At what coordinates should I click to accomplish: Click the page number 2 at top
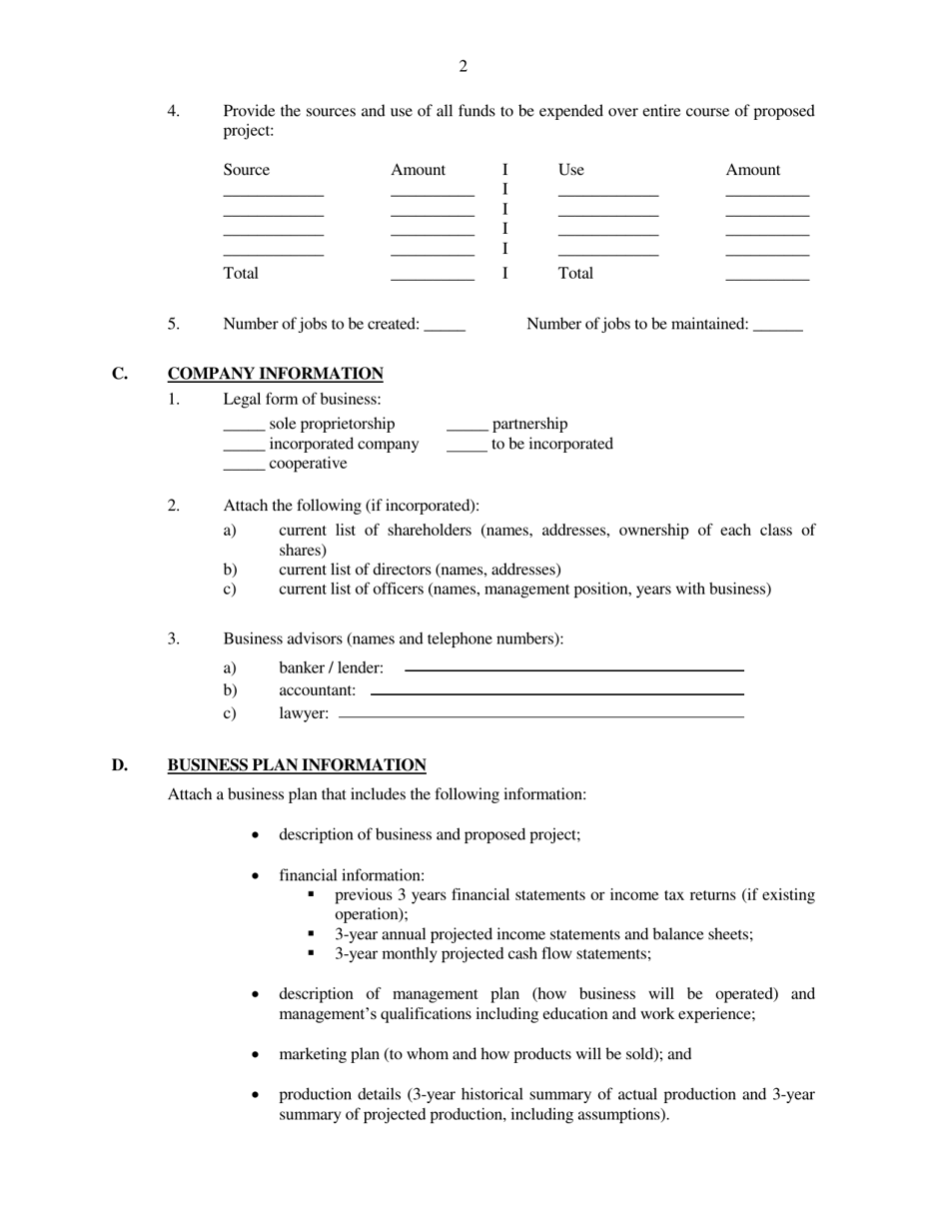464,67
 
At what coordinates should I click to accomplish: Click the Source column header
247,170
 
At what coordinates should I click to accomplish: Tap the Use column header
571,170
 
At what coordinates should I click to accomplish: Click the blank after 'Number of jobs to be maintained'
778,327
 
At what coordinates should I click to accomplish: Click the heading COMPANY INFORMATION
275,374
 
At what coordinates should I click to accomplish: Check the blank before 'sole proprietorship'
244,428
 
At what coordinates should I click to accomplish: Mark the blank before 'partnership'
467,428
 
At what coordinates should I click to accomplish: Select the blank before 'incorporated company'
244,448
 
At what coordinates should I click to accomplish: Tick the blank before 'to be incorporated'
467,448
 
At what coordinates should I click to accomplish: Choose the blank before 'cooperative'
244,468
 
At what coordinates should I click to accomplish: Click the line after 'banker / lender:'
574,669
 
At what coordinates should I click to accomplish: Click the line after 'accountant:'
557,692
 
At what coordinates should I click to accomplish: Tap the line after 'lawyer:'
541,715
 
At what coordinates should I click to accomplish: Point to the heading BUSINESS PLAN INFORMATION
297,765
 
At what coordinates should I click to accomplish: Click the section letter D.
119,765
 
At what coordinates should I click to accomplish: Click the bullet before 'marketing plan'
257,1055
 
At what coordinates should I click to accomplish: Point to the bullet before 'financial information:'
257,876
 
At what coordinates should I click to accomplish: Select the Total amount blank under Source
433,277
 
